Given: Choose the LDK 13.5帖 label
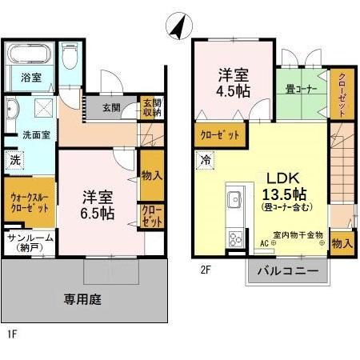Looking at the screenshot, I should pyautogui.click(x=282, y=189).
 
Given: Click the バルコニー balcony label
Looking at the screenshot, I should pyautogui.click(x=286, y=272).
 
